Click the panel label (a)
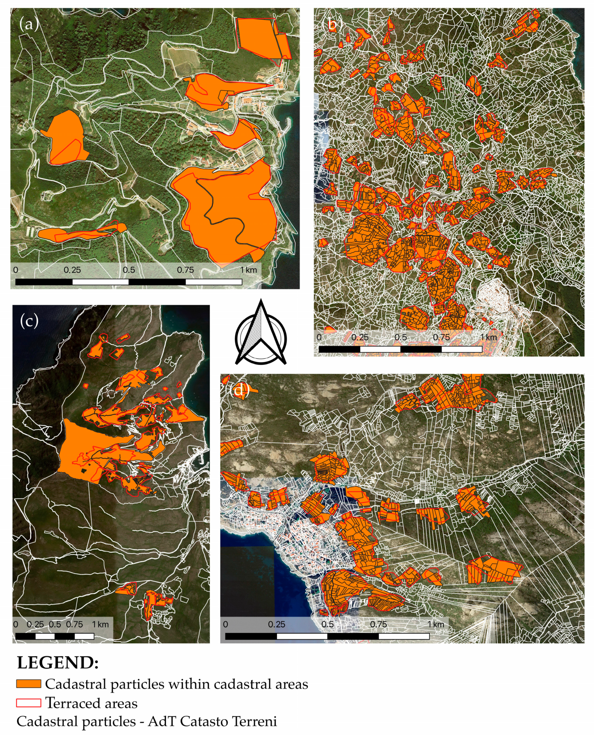tap(29, 25)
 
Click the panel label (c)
tap(29, 321)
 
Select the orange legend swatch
tap(29, 684)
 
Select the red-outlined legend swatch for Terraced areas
tap(29, 703)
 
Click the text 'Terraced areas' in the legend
tap(91, 703)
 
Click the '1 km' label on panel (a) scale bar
tap(248, 270)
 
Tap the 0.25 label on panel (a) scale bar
tap(72, 270)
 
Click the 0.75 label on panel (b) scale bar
tap(441, 337)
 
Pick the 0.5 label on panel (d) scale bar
tap(327, 624)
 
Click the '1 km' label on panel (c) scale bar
tap(100, 624)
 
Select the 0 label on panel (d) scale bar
tap(225, 624)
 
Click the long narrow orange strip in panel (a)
tap(79, 234)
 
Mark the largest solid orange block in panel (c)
tap(82, 449)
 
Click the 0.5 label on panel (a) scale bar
tap(129, 270)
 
